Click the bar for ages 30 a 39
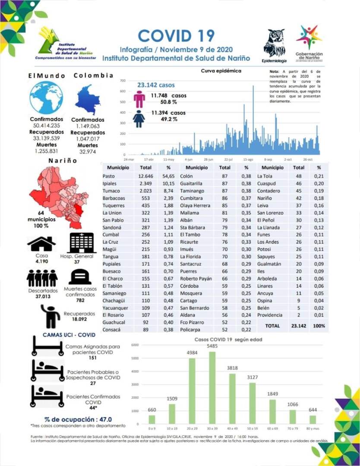(x=212, y=388)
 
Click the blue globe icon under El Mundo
(x=46, y=98)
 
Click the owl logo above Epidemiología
(x=274, y=43)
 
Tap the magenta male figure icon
(x=139, y=99)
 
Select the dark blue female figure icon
(x=139, y=118)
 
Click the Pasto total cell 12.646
(x=146, y=176)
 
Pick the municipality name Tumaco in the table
(x=111, y=191)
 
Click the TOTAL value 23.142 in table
(x=299, y=326)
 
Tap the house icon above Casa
(x=41, y=244)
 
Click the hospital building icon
(x=82, y=242)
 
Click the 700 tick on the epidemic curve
(x=123, y=81)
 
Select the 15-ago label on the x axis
(x=248, y=159)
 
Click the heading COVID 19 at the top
(x=176, y=35)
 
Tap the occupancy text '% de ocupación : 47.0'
(x=78, y=419)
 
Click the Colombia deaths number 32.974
(x=88, y=151)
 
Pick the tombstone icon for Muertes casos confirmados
(x=79, y=277)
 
